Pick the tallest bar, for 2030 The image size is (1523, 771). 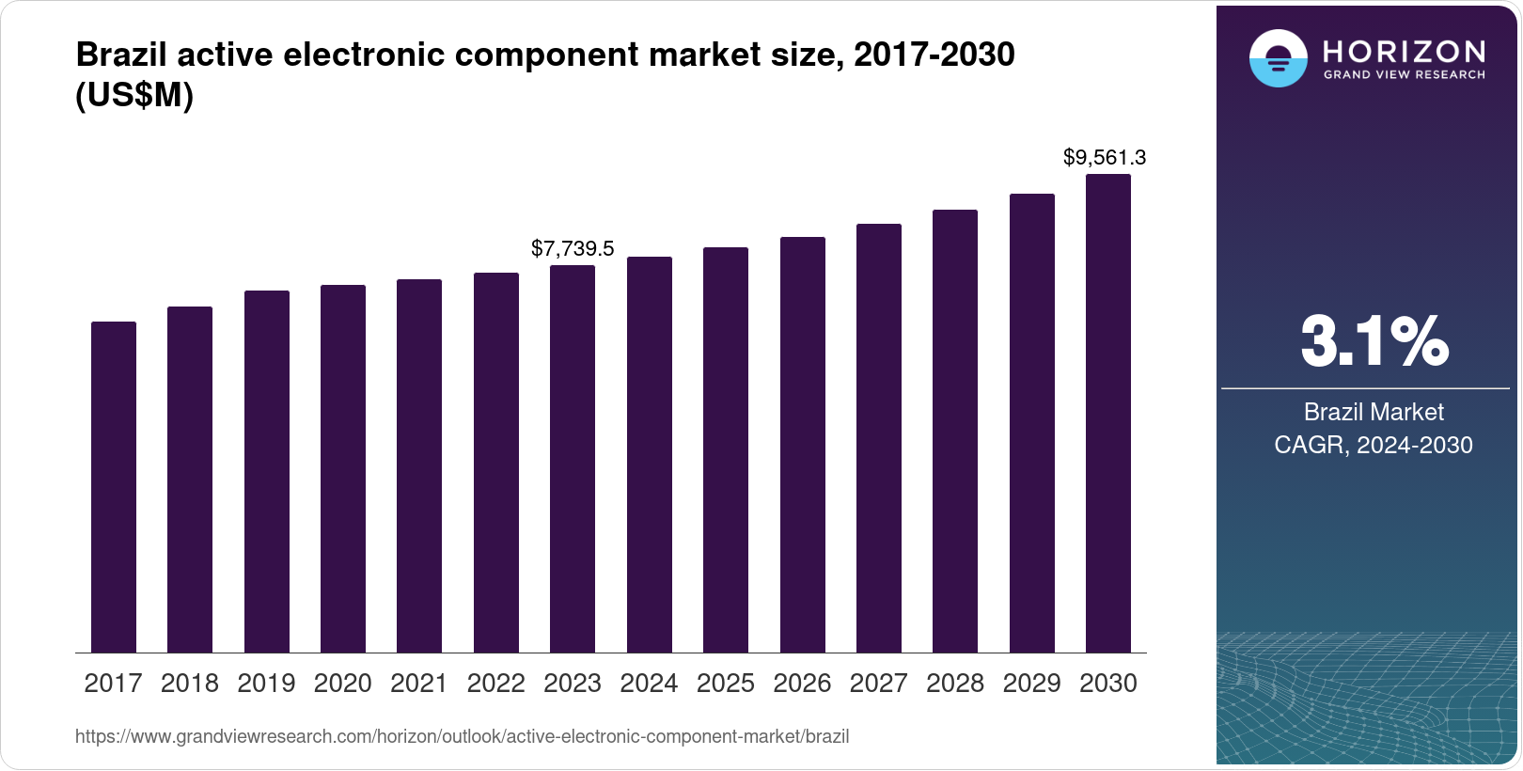pos(1108,414)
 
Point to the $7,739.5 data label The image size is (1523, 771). pos(573,248)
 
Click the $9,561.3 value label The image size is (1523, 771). pos(1105,157)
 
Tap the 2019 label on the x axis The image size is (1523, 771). pos(266,684)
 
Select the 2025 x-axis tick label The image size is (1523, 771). pos(726,684)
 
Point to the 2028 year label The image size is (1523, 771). pos(955,684)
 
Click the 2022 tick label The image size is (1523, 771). pos(495,684)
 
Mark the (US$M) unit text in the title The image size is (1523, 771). pos(134,96)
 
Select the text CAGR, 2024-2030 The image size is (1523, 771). pos(1374,445)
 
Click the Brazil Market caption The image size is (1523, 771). pos(1374,412)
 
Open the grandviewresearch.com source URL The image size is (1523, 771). pos(462,737)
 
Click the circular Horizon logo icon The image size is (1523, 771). pos(1278,58)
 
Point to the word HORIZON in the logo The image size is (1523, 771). pos(1405,51)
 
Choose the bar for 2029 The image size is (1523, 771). pos(1032,423)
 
